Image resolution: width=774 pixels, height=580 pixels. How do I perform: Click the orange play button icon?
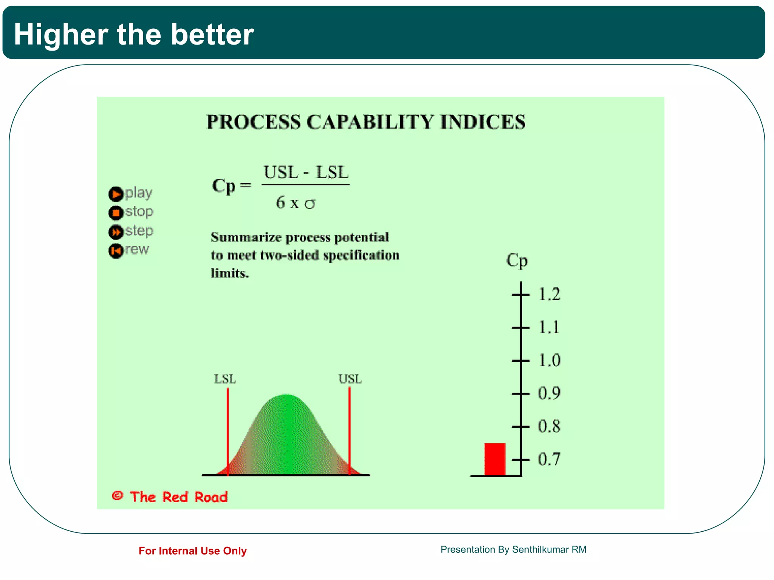click(x=116, y=194)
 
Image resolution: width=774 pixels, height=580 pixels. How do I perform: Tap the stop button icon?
click(x=116, y=213)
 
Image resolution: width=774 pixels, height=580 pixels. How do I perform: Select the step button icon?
click(x=116, y=232)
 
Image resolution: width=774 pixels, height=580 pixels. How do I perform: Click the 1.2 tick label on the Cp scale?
click(x=549, y=294)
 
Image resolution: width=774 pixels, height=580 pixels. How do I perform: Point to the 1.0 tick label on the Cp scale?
click(x=549, y=360)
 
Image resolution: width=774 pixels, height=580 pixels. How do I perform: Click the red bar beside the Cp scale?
click(x=495, y=459)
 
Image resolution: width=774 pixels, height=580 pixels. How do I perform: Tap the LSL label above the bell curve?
click(x=225, y=379)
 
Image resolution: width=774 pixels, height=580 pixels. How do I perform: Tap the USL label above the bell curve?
click(x=350, y=379)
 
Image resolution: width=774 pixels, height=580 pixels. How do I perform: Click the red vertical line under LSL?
click(x=228, y=430)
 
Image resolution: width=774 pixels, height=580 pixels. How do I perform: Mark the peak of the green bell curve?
click(x=286, y=396)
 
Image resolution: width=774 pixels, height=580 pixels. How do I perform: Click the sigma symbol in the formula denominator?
click(x=310, y=204)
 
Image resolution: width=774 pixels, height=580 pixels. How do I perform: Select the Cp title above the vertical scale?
click(x=517, y=261)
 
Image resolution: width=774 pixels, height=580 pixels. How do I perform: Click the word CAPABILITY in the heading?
click(x=370, y=122)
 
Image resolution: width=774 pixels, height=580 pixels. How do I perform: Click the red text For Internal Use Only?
click(x=192, y=551)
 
